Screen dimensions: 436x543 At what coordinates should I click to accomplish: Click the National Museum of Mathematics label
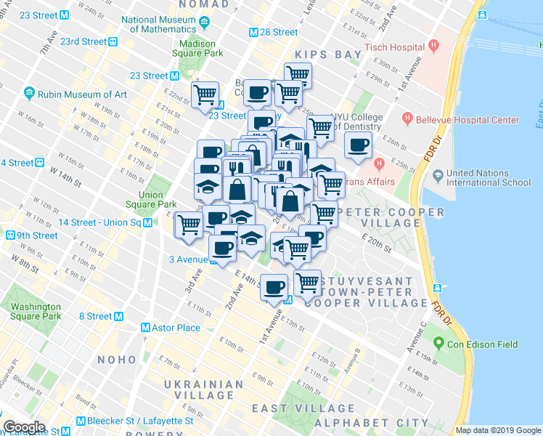[168, 25]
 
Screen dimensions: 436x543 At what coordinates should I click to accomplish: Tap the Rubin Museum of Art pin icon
[29, 94]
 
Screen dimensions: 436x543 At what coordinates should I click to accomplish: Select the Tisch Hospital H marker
[434, 47]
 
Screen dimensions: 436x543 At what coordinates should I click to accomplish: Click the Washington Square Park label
[36, 311]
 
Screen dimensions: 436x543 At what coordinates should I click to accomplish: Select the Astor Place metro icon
[145, 328]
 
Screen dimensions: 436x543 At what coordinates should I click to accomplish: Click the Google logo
[25, 427]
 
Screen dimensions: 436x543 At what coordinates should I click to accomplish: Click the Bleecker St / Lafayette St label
[139, 421]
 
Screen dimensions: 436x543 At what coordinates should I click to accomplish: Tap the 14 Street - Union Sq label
[99, 222]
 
